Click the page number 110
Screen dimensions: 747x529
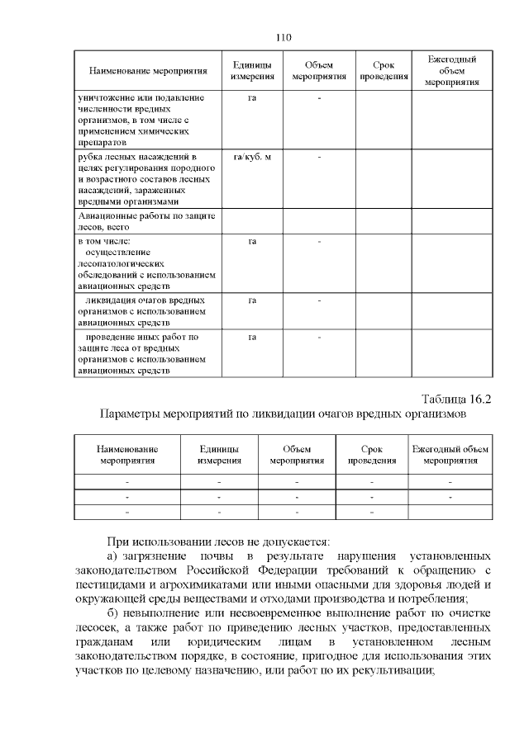point(284,37)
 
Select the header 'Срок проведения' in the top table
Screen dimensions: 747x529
point(384,71)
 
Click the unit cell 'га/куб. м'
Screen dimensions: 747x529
point(253,157)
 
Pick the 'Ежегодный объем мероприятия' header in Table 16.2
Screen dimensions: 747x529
point(450,455)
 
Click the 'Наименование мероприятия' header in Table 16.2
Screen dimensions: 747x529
point(127,455)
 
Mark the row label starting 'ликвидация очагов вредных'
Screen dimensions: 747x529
point(141,312)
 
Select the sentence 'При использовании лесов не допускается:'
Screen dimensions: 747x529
point(218,542)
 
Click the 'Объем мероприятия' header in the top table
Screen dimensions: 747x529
point(319,71)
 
